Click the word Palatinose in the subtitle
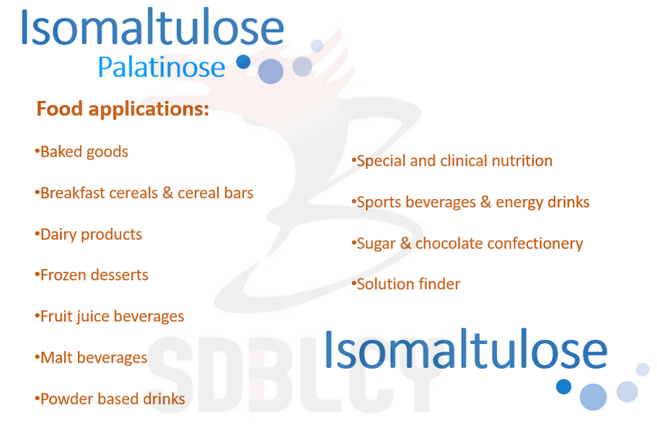[x=161, y=68]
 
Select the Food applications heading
[x=123, y=109]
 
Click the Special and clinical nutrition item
[x=454, y=160]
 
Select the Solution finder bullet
[x=408, y=284]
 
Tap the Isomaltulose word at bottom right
[x=465, y=349]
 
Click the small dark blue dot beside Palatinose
[x=243, y=62]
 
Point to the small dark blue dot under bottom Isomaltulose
[x=564, y=386]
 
